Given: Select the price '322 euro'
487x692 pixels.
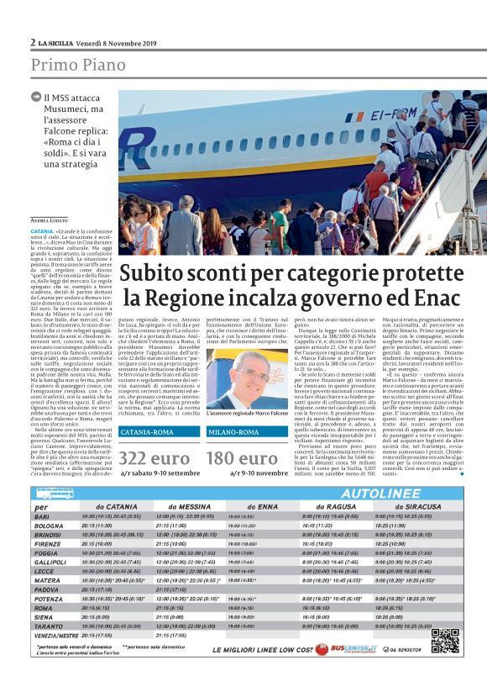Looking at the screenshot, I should pos(155,458).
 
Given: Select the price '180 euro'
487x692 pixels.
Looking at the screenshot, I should pos(243,458).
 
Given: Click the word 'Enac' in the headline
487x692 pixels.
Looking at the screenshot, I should pos(436,297).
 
